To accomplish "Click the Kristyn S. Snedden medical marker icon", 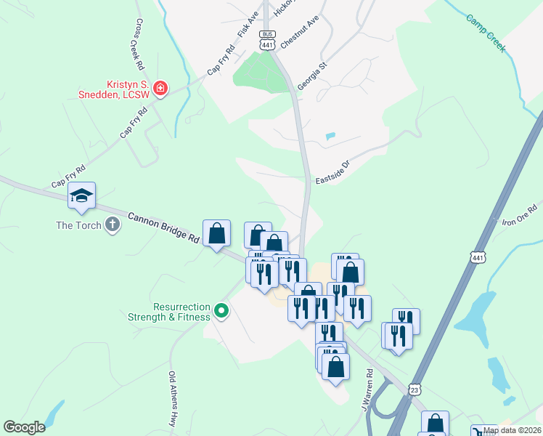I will click(160, 89).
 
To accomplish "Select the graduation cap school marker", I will click(81, 196).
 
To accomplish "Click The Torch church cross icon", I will click(113, 225).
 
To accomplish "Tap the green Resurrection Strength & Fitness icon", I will click(222, 312).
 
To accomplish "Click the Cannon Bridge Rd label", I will click(163, 227).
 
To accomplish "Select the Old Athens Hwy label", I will click(173, 400).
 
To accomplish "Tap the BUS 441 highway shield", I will click(267, 41).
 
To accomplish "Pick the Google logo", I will click(24, 427).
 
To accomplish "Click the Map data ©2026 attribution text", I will click(513, 430).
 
